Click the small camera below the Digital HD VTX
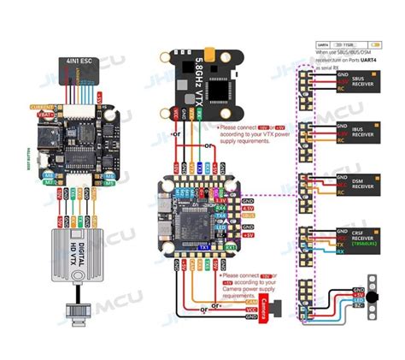[77, 311]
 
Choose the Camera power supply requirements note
[256, 286]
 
